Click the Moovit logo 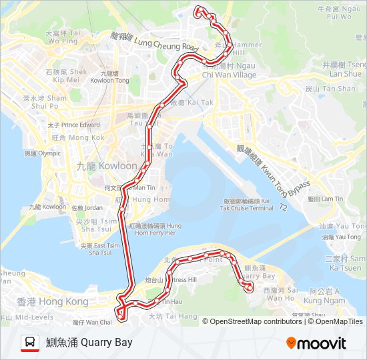(x=316, y=343)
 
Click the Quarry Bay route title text (x=89, y=343)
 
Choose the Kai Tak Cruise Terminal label (x=248, y=204)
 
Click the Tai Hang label (x=173, y=316)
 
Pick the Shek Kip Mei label (x=66, y=75)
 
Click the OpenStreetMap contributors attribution (x=256, y=321)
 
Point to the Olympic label (x=42, y=153)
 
